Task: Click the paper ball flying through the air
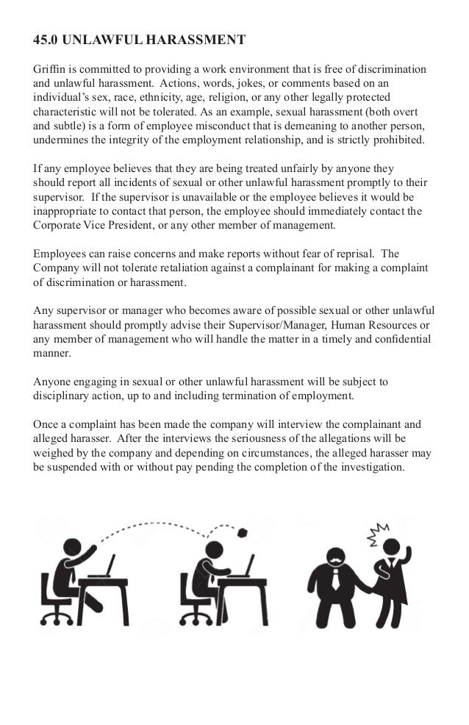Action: click(x=242, y=532)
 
